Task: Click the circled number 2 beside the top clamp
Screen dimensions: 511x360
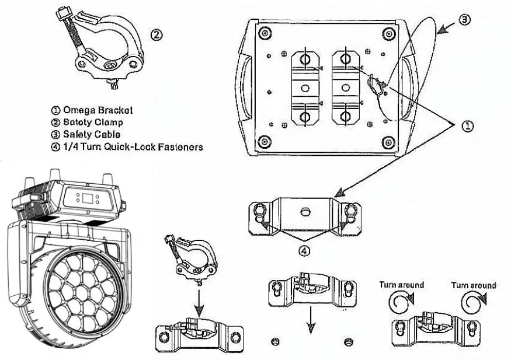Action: click(x=157, y=34)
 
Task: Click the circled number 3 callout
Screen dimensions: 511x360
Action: click(x=464, y=20)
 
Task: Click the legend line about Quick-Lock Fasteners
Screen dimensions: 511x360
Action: click(x=127, y=147)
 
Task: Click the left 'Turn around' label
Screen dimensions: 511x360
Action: click(x=401, y=285)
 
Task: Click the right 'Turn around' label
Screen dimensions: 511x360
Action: click(x=474, y=285)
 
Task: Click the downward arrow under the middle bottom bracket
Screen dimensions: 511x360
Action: click(x=311, y=320)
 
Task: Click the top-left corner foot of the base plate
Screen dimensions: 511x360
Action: click(x=265, y=32)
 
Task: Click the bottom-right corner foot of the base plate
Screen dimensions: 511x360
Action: click(x=387, y=141)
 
